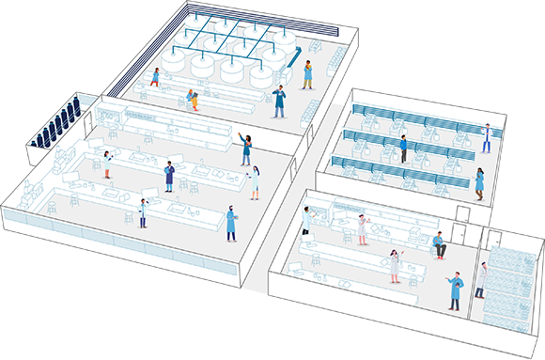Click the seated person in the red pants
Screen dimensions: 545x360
coord(438,246)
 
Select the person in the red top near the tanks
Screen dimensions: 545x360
coord(156,76)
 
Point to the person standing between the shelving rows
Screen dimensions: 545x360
coord(403,149)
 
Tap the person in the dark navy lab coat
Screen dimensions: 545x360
coord(170,176)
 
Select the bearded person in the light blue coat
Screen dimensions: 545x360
coord(231,224)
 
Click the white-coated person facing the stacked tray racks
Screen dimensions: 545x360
coord(482,279)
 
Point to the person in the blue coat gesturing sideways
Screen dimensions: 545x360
coord(455,290)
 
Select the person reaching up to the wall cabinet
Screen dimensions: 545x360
coord(306,221)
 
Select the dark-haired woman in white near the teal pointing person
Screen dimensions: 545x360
coord(254,181)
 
